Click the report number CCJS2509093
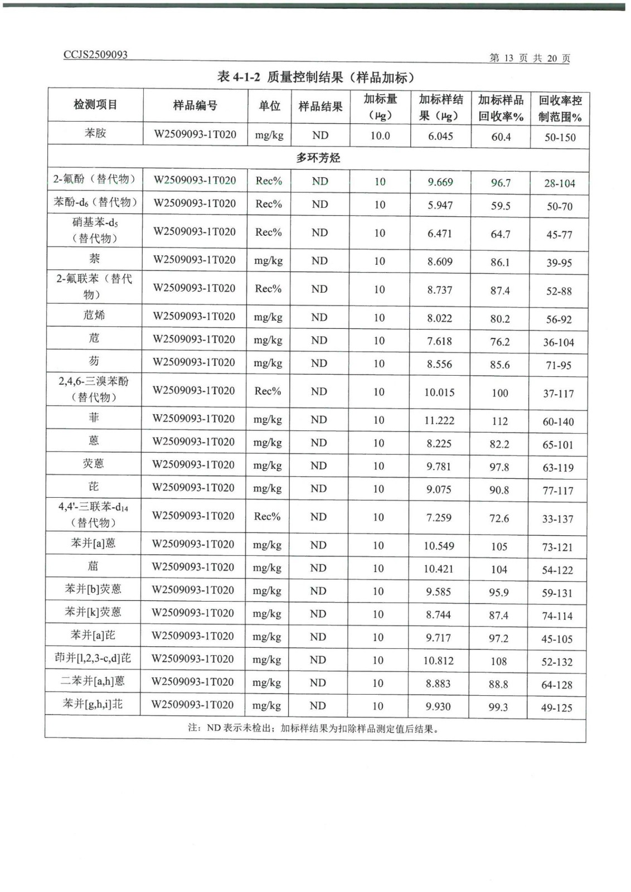95,55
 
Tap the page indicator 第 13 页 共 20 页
529,58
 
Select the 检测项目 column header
95,105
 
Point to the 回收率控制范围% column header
560,108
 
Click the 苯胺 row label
95,133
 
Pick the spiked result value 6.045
440,136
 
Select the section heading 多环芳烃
318,158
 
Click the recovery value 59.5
501,206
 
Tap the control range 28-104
560,183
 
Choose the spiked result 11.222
439,420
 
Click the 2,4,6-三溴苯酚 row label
94,389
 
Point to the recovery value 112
499,421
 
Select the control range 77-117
558,491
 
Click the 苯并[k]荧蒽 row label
93,612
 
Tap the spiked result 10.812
438,661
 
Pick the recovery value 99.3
498,707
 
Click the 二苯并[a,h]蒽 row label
93,681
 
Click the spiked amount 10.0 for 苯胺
380,135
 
